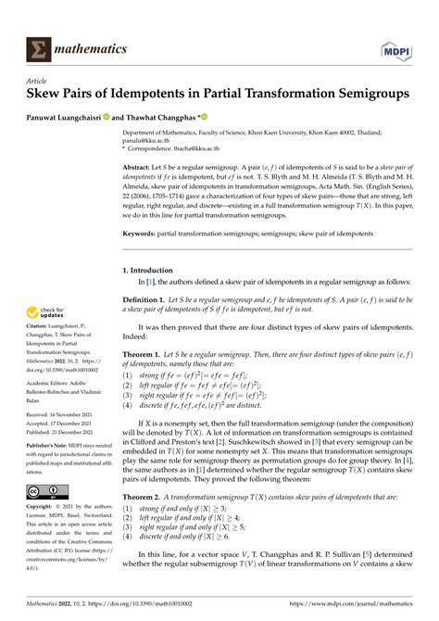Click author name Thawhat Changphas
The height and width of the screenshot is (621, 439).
point(197,117)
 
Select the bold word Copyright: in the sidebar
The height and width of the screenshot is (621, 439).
point(44,509)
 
